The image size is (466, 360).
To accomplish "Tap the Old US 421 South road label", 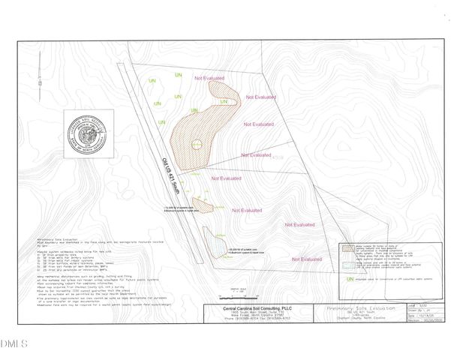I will [x=171, y=163].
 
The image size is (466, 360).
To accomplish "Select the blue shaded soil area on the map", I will [x=215, y=244].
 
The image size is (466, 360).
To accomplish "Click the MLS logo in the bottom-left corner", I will [x=13, y=344].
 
